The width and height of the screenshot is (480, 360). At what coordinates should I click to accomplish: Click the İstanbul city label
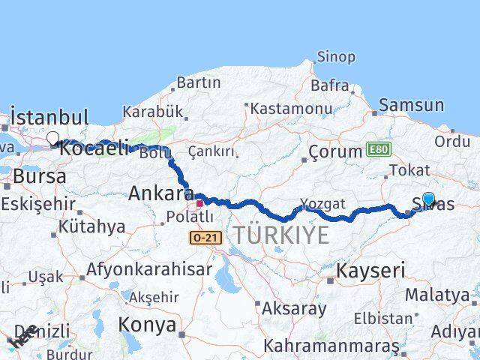[x=49, y=118]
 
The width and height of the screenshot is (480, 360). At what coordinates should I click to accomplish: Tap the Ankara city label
[x=160, y=193]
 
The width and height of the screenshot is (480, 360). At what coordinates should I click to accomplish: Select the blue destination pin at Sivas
[x=428, y=199]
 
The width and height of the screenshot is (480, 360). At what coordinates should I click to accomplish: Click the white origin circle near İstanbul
[x=53, y=138]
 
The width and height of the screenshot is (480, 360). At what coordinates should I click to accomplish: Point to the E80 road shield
[x=379, y=149]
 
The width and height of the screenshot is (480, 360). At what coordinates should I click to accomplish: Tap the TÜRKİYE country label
[x=280, y=235]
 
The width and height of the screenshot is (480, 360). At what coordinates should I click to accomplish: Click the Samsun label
[x=411, y=106]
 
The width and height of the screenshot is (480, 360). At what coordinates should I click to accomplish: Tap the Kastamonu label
[x=291, y=108]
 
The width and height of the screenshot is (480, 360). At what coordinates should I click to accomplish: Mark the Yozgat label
[x=322, y=203]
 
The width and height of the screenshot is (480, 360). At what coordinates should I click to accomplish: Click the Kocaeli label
[x=94, y=148]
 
